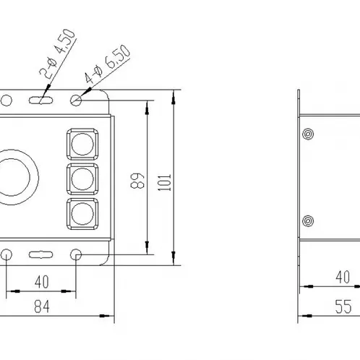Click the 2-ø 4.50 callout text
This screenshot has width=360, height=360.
click(57, 53)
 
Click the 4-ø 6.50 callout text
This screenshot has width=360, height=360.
click(107, 64)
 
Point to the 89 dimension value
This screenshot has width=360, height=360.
click(137, 181)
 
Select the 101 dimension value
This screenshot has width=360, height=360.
click(164, 182)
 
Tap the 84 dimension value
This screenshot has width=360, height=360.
click(42, 307)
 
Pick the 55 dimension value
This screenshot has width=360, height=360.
click(343, 307)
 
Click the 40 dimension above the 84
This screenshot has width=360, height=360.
click(42, 282)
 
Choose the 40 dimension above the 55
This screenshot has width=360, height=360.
click(343, 277)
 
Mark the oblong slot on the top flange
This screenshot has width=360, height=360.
click(40, 100)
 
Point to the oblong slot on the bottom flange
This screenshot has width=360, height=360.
click(40, 254)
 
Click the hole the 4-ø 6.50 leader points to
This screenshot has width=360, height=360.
click(76, 100)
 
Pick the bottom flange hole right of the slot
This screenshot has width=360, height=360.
click(76, 254)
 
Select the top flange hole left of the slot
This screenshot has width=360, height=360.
click(7, 100)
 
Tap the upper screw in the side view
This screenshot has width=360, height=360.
click(308, 134)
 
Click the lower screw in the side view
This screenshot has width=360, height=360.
click(308, 221)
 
